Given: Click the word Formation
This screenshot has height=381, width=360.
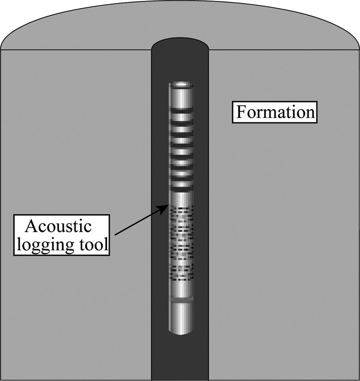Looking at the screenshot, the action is point(274,112).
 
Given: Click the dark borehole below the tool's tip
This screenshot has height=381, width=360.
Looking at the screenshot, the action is point(181,360).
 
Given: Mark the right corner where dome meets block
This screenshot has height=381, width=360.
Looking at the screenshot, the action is point(358,50).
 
